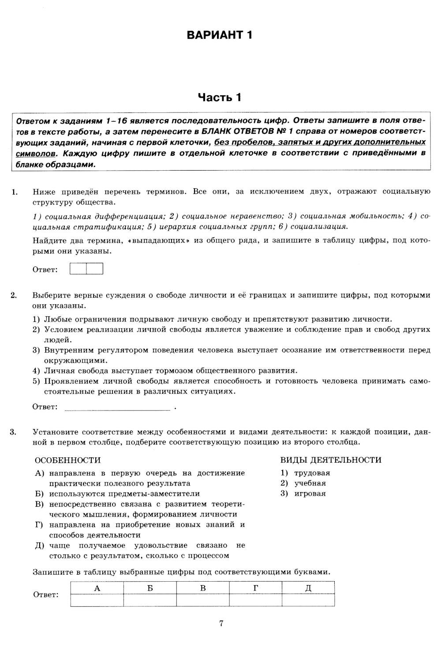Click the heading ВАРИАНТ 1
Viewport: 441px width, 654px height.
tap(219, 35)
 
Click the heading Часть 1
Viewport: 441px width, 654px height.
tap(219, 97)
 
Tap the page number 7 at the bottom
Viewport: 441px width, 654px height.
tap(221, 623)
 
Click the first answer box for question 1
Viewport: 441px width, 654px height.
tap(78, 269)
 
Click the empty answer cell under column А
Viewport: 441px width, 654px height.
tap(97, 600)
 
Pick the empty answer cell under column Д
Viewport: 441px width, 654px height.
tap(308, 600)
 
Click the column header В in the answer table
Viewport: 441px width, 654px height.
tap(203, 588)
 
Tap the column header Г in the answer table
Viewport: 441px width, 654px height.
tap(256, 588)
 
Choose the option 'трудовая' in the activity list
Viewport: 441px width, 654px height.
tap(312, 473)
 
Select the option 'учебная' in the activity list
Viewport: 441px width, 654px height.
tap(310, 483)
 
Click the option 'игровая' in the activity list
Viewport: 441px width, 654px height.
tap(310, 493)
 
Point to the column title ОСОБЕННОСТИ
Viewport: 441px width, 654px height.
tap(67, 460)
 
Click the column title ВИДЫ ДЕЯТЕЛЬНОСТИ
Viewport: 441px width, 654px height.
tap(331, 460)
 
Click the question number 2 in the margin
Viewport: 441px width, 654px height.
tap(13, 295)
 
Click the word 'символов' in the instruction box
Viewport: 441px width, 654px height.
tap(36, 154)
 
